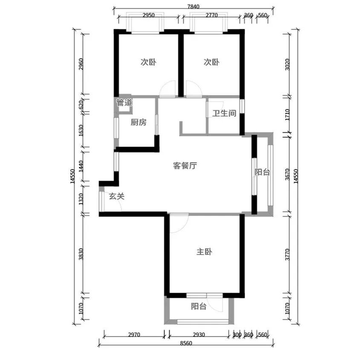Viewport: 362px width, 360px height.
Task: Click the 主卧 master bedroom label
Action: [x=204, y=252]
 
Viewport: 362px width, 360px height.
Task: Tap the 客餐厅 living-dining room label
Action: [x=185, y=166]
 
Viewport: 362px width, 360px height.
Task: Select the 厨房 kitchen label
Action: [x=139, y=123]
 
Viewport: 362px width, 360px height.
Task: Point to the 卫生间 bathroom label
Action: [x=224, y=114]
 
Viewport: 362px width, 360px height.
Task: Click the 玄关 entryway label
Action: [x=116, y=196]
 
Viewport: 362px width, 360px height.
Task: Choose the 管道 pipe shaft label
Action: [x=124, y=103]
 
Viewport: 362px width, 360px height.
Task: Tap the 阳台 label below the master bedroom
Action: [x=199, y=306]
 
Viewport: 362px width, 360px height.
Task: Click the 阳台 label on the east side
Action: [x=262, y=172]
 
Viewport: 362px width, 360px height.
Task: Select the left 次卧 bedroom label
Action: [x=148, y=62]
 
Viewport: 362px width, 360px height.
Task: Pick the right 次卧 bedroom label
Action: [x=211, y=62]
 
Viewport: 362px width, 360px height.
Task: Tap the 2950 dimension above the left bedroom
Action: [x=148, y=15]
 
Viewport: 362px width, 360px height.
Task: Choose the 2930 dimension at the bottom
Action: [x=199, y=335]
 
